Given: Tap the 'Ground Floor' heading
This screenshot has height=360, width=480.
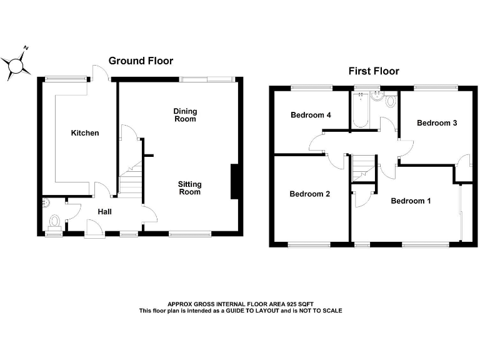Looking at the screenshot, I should (x=141, y=61).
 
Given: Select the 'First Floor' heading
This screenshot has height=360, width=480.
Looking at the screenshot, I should (x=373, y=71).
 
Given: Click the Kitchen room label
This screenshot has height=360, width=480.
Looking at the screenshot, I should (x=84, y=133).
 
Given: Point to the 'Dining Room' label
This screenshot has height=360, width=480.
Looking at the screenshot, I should (x=185, y=115).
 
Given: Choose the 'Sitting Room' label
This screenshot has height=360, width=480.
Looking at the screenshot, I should (x=189, y=188).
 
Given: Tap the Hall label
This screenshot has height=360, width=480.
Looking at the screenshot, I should (x=104, y=212).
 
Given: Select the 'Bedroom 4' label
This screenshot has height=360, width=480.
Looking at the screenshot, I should (x=311, y=115).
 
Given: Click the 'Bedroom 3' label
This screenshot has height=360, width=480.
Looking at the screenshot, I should (x=437, y=123).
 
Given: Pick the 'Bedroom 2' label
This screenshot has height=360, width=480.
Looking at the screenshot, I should (x=309, y=194).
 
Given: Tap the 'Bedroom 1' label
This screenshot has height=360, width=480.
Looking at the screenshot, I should (x=411, y=201).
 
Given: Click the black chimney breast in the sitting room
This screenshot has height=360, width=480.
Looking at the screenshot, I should (x=234, y=182).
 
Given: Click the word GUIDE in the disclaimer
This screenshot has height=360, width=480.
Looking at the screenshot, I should (x=267, y=311).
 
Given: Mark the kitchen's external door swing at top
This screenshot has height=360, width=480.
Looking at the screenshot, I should (x=100, y=73).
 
